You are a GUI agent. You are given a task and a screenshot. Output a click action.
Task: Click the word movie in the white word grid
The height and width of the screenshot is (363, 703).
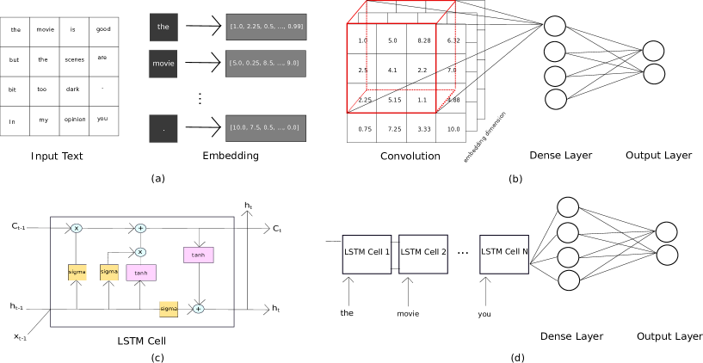(x=45, y=30)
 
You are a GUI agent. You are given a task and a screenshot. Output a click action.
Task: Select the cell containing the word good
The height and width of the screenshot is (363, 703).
(x=103, y=30)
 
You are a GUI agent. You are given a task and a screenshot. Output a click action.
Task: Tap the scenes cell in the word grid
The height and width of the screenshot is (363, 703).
(x=74, y=60)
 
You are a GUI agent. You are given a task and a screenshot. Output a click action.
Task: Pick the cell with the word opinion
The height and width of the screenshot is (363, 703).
(x=74, y=120)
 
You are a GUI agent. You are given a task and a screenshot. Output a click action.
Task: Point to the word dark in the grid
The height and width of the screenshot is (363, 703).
(x=73, y=89)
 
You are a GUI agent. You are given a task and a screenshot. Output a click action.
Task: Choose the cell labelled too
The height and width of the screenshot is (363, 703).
(x=42, y=89)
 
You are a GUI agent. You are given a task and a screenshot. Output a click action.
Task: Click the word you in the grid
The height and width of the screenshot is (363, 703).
(x=102, y=120)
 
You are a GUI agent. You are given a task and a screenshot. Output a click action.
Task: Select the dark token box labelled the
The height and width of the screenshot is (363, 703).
(x=163, y=27)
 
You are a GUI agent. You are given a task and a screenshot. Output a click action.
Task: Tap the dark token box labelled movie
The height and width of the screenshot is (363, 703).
(x=163, y=64)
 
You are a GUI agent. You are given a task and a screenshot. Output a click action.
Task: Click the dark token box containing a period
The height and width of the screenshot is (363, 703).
(x=163, y=128)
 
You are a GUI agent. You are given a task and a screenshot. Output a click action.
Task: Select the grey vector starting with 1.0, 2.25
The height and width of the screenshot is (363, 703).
(x=266, y=27)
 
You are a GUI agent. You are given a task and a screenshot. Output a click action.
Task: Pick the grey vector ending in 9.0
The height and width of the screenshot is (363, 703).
(x=266, y=63)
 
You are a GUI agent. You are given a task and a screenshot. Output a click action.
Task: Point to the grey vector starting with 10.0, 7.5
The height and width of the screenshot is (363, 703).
(x=266, y=128)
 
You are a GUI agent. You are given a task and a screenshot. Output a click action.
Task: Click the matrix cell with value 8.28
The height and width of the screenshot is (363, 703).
(x=423, y=40)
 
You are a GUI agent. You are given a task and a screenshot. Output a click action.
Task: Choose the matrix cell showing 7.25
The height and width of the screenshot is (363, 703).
(x=394, y=129)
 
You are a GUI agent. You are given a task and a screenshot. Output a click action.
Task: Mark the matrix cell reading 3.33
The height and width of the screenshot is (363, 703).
(x=423, y=129)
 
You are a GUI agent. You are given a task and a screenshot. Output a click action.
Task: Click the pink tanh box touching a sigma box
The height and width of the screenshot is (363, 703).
(x=141, y=273)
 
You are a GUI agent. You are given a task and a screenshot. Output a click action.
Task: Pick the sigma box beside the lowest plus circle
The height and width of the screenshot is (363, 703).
(x=169, y=309)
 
